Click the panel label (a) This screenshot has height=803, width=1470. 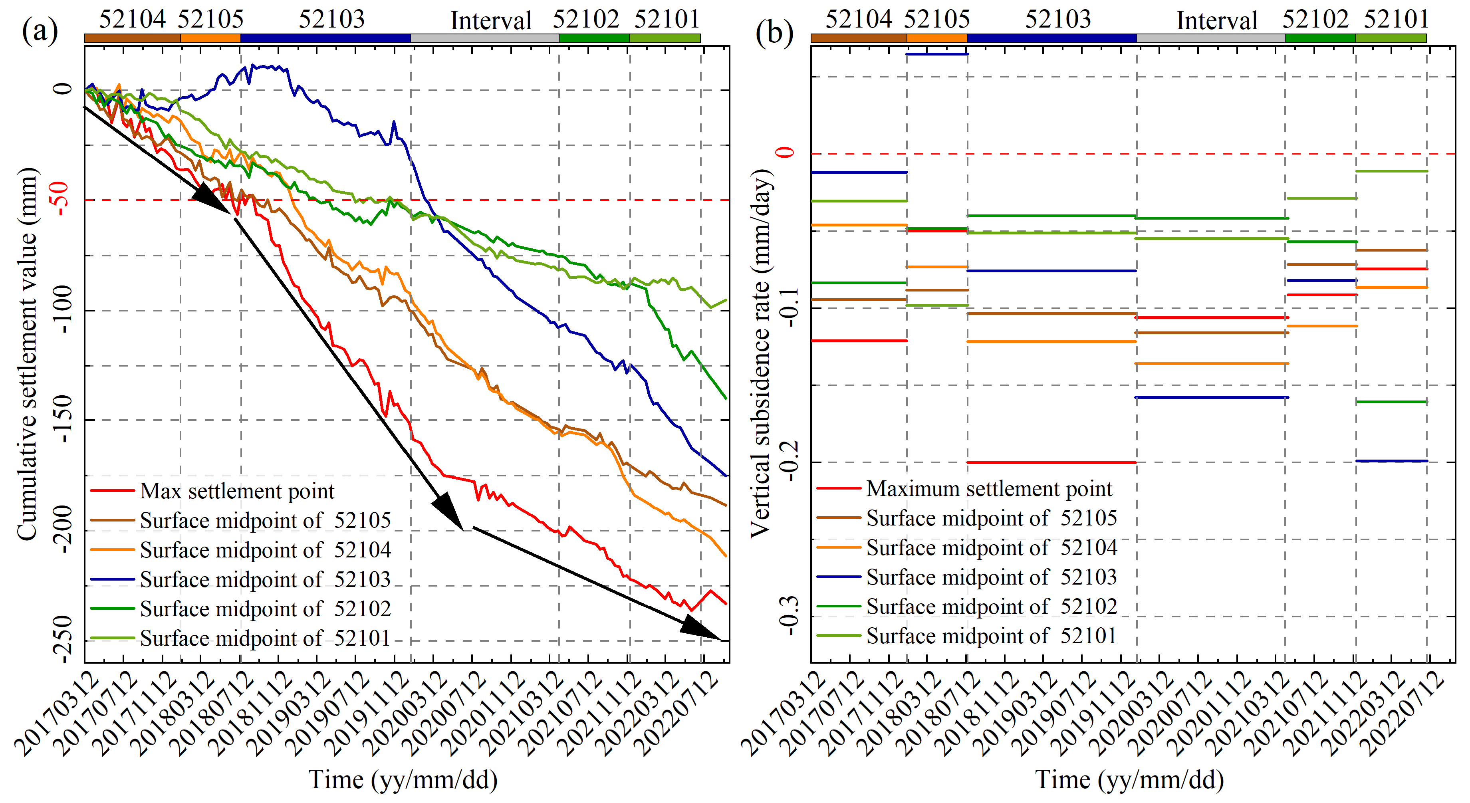40,32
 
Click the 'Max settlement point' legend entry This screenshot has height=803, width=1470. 237,491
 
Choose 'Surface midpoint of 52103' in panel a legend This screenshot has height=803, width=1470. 265,579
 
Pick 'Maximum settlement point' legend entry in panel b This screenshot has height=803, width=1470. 989,488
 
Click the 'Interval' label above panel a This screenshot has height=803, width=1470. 491,21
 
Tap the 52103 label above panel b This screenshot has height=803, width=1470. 1057,20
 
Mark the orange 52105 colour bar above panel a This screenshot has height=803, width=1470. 210,38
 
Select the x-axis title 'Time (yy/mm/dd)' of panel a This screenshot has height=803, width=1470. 403,779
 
